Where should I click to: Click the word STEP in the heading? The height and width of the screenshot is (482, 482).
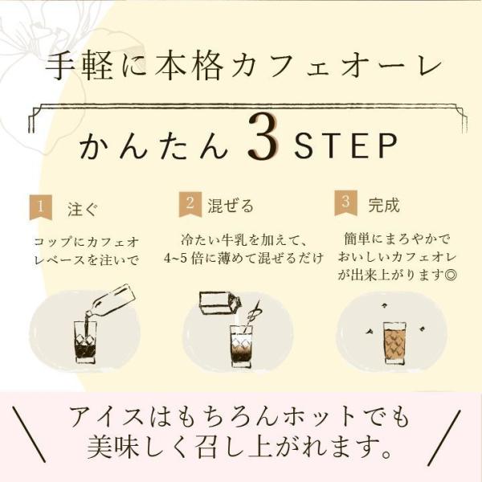coord(345,145)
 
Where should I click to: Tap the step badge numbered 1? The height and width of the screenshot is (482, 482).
coord(41,207)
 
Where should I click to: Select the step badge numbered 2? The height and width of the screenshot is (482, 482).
coord(190,204)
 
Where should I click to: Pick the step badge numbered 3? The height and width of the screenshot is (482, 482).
coord(345,203)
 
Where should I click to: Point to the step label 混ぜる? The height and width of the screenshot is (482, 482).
coord(231,206)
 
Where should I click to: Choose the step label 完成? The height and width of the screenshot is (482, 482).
coord(384,204)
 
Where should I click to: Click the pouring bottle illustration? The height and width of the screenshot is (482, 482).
coord(111,300)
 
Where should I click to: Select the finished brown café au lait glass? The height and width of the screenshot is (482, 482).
coord(394,343)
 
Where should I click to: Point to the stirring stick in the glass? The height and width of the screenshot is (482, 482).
coord(251,317)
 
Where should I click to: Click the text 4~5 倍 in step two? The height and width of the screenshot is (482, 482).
coord(182,258)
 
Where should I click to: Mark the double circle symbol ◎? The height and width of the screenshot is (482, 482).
coord(451,275)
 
